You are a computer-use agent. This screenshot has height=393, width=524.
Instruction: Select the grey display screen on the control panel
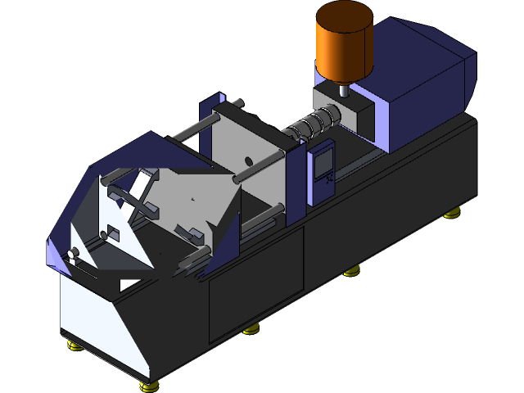[x=323, y=160]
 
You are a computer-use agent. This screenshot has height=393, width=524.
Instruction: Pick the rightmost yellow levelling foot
[x=451, y=215]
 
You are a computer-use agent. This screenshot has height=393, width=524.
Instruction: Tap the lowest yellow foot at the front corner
[x=148, y=385]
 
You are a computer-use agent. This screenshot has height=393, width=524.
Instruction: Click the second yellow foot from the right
[x=351, y=271]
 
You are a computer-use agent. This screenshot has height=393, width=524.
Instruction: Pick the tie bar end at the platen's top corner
[x=238, y=103]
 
